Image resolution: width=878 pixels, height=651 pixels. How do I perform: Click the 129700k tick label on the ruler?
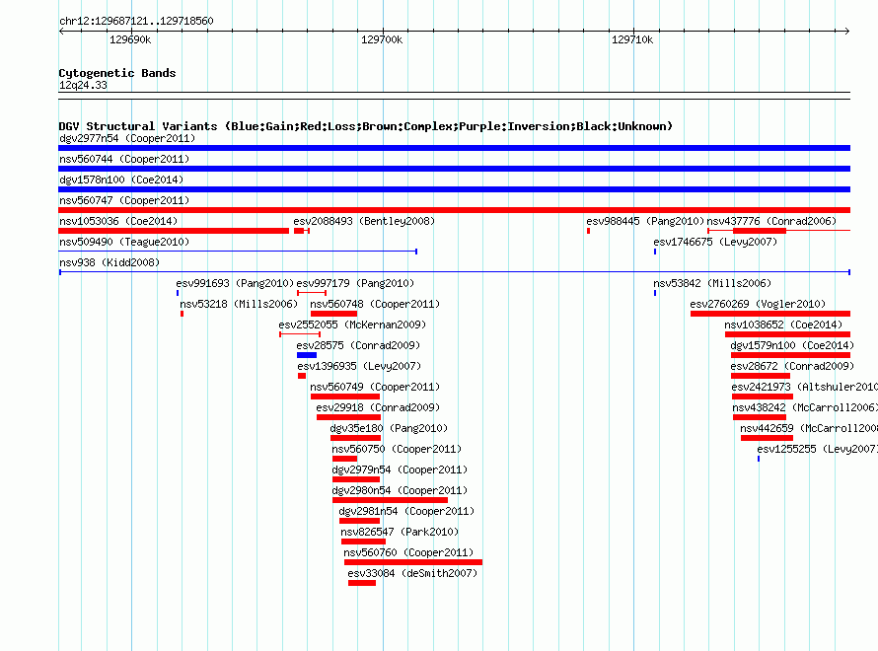tap(382, 39)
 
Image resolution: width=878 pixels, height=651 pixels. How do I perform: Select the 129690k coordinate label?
tap(130, 39)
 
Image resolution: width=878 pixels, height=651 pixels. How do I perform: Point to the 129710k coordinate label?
tap(632, 39)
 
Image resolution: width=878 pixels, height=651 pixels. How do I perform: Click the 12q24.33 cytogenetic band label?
tap(83, 85)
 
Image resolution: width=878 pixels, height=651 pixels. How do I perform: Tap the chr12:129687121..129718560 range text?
tap(136, 21)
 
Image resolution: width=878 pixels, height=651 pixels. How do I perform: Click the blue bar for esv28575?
tap(307, 355)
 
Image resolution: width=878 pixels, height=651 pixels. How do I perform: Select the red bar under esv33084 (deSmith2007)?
tap(362, 583)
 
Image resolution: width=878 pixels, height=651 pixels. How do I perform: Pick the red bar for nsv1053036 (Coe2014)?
tap(174, 231)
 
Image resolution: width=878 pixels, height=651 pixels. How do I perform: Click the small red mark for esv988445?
tap(589, 231)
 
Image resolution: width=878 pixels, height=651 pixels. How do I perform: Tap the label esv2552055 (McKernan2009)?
tap(352, 325)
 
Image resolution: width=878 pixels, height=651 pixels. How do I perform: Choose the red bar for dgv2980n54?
tap(390, 500)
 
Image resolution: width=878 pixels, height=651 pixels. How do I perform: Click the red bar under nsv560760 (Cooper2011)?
tap(413, 562)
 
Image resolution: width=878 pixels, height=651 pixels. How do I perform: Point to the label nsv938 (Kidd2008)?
tap(110, 262)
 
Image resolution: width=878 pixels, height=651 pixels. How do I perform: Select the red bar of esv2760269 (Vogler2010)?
tap(770, 314)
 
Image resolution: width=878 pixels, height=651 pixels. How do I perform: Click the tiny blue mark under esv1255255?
tap(759, 459)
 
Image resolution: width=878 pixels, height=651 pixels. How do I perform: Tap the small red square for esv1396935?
tap(302, 376)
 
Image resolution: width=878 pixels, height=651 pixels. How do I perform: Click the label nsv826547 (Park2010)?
tap(400, 532)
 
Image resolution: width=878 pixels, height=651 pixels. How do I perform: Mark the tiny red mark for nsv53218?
tap(182, 314)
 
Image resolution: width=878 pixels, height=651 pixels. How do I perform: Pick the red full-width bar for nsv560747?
tap(454, 210)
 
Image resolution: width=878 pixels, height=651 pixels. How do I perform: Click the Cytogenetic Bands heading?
tap(117, 73)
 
